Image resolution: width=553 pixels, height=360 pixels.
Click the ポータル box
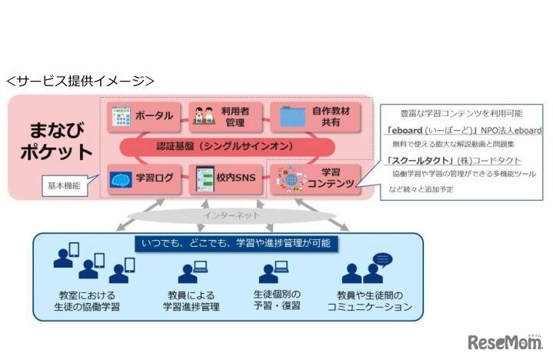coord(143,117)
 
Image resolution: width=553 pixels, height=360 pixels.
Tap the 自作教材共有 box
coord(315,117)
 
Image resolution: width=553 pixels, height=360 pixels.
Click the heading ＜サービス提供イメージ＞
coord(80,80)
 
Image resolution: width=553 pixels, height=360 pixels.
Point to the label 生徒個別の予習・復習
coord(276,301)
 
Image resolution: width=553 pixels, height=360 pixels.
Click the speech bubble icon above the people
coord(382,260)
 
